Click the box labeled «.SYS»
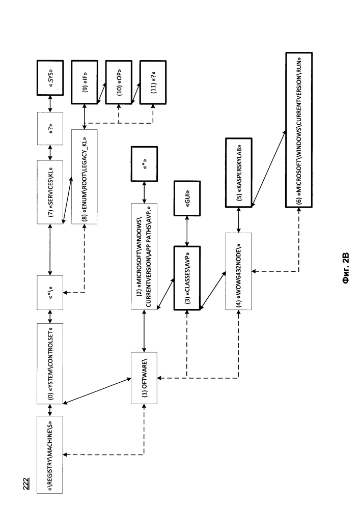click(50, 77)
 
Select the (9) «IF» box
click(85, 82)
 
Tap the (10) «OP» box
click(119, 82)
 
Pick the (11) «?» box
click(153, 82)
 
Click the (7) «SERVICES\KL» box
click(50, 192)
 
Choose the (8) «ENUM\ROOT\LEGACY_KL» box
click(85, 177)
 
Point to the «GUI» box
click(187, 198)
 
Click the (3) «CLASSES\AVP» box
click(187, 278)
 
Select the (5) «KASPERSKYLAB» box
click(239, 173)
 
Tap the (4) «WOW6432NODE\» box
click(239, 271)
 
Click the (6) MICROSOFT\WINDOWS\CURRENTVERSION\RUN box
click(299, 130)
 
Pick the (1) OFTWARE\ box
click(144, 378)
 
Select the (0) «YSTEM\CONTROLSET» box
click(50, 363)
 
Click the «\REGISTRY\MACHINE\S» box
click(50, 455)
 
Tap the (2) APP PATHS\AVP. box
click(144, 257)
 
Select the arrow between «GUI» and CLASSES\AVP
click(187, 231)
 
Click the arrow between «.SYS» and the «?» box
click(50, 104)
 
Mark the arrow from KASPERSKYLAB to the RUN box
click(269, 168)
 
